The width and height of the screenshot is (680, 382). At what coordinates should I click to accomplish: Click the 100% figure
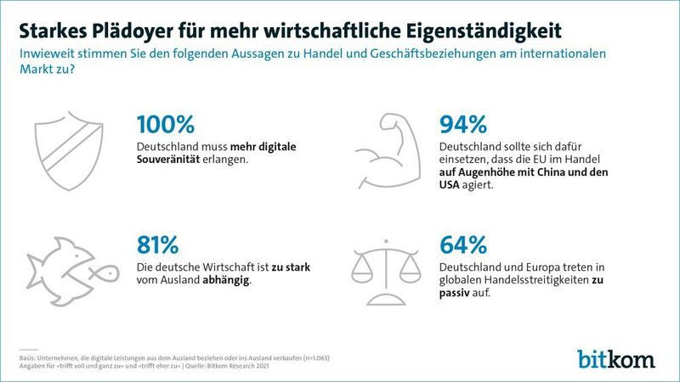coord(166,124)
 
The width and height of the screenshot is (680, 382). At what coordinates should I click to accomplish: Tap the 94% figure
coord(463,124)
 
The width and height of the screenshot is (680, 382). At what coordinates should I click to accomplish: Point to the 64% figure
coord(463,245)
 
